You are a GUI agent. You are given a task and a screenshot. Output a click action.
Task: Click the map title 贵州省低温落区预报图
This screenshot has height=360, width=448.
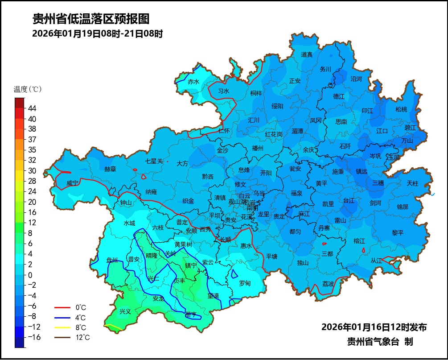(90, 19)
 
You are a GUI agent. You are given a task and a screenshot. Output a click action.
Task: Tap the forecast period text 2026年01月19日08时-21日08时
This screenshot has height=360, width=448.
(97, 33)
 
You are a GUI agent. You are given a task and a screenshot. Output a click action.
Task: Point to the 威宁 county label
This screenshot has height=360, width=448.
(72, 183)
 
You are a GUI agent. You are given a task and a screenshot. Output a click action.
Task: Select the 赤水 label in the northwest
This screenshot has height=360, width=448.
(193, 82)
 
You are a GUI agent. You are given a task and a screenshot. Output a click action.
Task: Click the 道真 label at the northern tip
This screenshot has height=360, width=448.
(307, 54)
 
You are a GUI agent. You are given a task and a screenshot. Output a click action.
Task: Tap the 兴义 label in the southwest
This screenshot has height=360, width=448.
(125, 311)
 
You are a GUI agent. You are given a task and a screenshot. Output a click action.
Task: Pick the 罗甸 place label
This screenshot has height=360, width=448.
(245, 283)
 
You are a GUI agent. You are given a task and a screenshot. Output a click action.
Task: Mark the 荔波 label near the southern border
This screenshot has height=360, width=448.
(329, 284)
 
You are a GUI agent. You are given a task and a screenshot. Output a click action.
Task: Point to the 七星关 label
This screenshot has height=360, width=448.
(154, 161)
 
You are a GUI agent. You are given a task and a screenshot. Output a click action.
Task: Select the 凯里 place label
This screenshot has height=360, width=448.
(328, 204)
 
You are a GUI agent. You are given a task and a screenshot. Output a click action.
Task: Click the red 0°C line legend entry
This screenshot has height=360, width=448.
(71, 307)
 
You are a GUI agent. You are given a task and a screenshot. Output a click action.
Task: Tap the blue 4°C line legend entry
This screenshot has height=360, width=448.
(71, 318)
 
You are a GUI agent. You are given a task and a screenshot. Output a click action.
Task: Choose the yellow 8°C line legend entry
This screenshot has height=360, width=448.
(71, 327)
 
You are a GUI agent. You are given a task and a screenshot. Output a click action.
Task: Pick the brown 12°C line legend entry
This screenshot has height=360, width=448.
(71, 337)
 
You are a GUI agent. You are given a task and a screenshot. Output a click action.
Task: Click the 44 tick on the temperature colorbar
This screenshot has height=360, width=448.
(32, 108)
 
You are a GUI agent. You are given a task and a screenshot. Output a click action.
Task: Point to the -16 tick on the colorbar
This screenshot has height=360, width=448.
(34, 337)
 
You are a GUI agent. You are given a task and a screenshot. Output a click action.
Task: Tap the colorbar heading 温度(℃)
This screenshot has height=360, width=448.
(28, 89)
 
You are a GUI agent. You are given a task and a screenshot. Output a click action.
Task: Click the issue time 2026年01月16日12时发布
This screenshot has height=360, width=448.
(374, 327)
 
